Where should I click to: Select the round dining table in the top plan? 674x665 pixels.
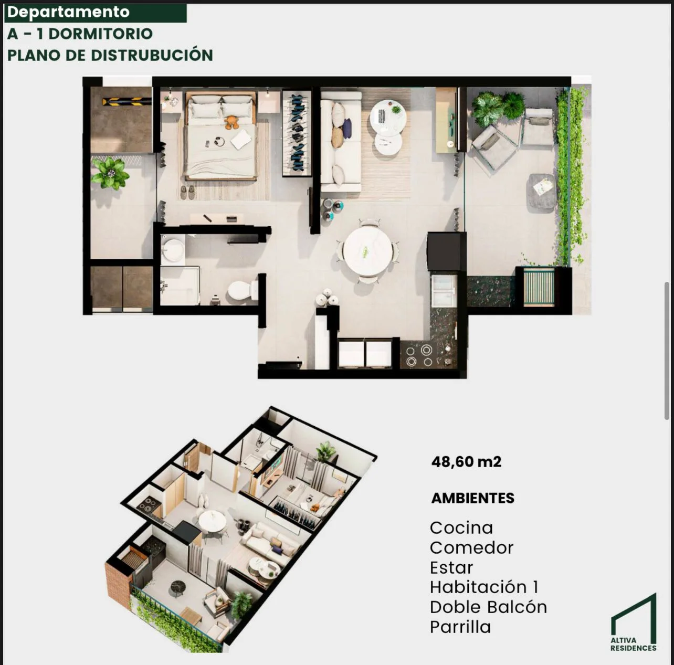pyautogui.click(x=367, y=250)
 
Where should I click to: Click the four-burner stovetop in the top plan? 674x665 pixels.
pyautogui.click(x=419, y=355)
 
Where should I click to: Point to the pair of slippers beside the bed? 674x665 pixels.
pyautogui.click(x=187, y=193)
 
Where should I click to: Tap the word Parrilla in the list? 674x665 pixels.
pyautogui.click(x=460, y=627)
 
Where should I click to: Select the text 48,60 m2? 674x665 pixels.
pyautogui.click(x=466, y=462)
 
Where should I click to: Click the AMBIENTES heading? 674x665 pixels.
pyautogui.click(x=473, y=498)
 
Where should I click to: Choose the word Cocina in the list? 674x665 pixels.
pyautogui.click(x=461, y=528)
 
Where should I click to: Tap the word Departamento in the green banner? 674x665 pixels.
pyautogui.click(x=68, y=13)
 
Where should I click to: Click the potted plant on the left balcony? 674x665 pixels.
pyautogui.click(x=110, y=173)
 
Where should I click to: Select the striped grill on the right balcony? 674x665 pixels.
pyautogui.click(x=539, y=287)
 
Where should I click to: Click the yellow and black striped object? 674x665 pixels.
pyautogui.click(x=127, y=102)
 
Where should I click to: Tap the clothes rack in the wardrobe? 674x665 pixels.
pyautogui.click(x=297, y=133)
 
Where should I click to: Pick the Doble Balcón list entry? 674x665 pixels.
pyautogui.click(x=488, y=607)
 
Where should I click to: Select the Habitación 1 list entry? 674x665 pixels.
pyautogui.click(x=484, y=587)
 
